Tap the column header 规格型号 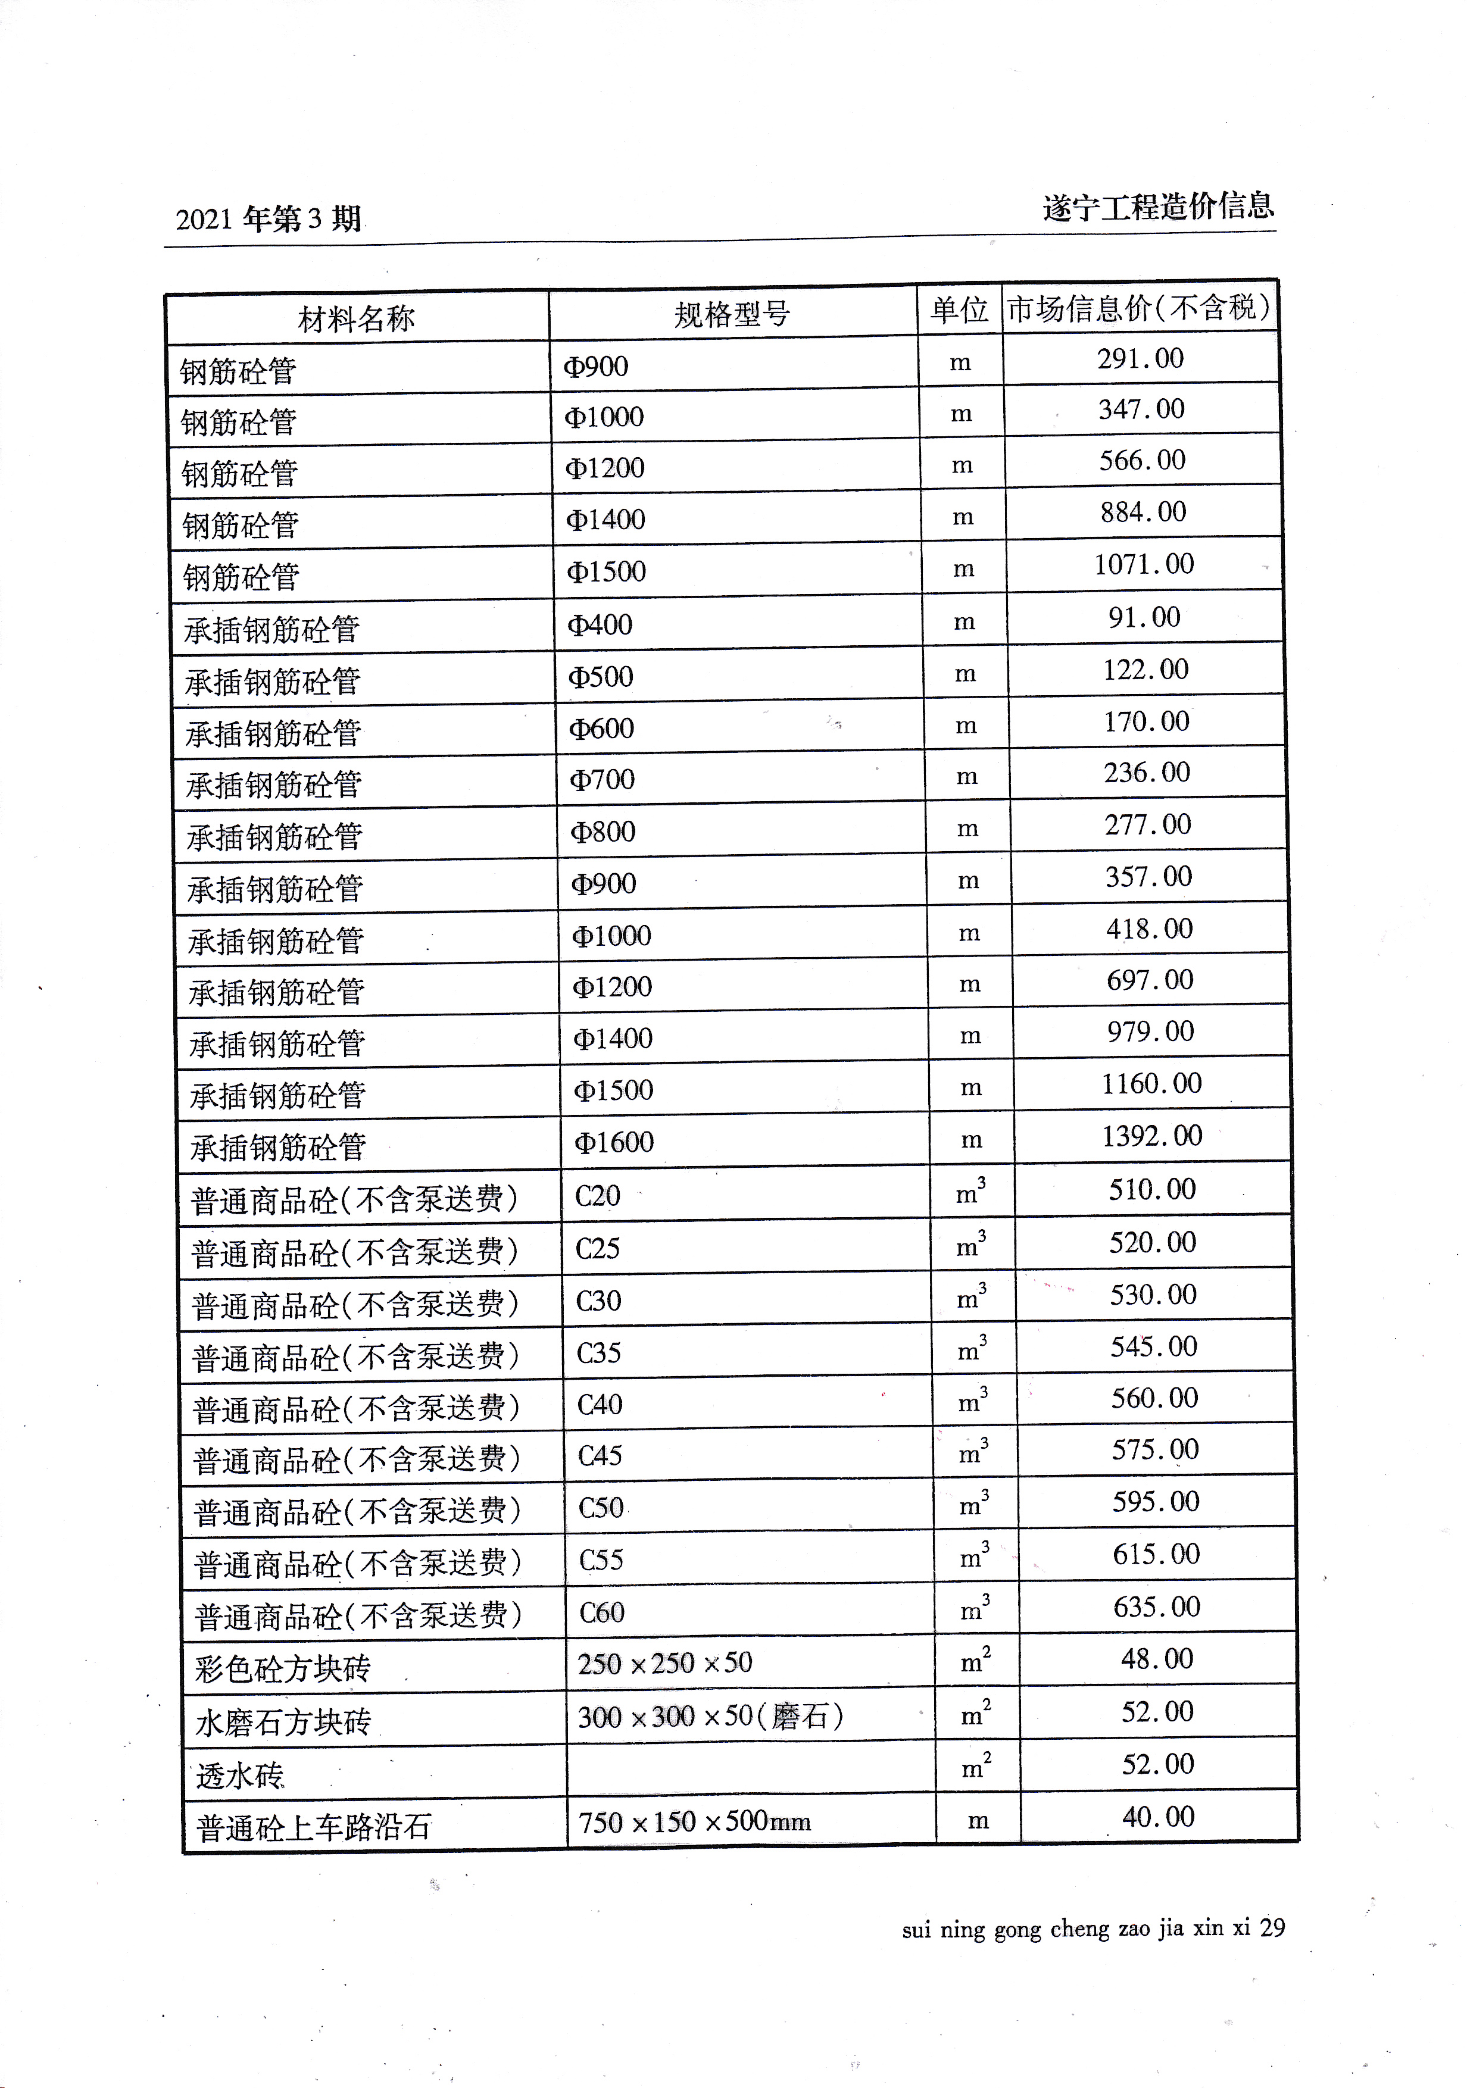pyautogui.click(x=732, y=314)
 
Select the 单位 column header pyautogui.click(x=960, y=310)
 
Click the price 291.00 pyautogui.click(x=1141, y=358)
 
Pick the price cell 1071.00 pyautogui.click(x=1144, y=564)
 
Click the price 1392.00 pyautogui.click(x=1152, y=1135)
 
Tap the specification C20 pyautogui.click(x=598, y=1195)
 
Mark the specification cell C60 pyautogui.click(x=602, y=1612)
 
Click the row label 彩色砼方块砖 pyautogui.click(x=283, y=1669)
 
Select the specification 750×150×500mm pyautogui.click(x=695, y=1821)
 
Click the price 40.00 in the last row pyautogui.click(x=1159, y=1817)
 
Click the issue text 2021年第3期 pyautogui.click(x=269, y=219)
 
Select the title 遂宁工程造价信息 pyautogui.click(x=1159, y=207)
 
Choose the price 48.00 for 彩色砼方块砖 pyautogui.click(x=1157, y=1659)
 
